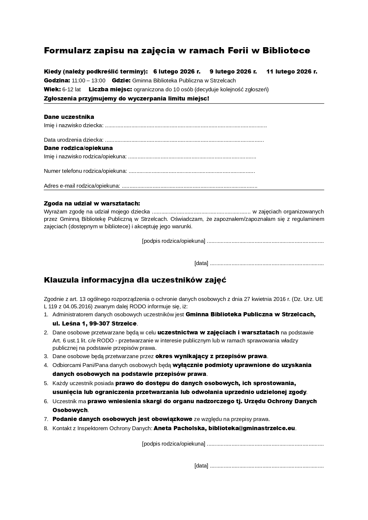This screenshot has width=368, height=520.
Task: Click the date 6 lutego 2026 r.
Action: click(177, 71)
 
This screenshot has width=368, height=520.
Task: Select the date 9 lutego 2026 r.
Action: click(233, 71)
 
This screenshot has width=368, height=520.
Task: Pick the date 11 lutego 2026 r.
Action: click(291, 71)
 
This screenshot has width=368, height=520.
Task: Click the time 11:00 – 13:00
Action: click(88, 81)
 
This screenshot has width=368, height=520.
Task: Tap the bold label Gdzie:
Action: click(121, 81)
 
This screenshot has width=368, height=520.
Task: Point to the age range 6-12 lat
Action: click(71, 90)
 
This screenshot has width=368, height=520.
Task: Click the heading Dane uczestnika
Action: click(69, 117)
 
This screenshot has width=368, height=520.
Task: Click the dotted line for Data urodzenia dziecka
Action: click(184, 140)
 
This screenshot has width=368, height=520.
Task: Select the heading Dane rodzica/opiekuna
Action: click(78, 148)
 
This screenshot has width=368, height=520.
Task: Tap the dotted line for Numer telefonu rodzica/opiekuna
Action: click(192, 171)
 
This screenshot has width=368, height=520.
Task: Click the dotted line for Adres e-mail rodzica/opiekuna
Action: click(189, 186)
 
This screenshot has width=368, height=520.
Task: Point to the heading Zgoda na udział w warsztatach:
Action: click(92, 203)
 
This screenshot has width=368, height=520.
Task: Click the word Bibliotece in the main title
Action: click(286, 51)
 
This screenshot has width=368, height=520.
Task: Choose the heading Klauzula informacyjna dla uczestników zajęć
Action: click(135, 280)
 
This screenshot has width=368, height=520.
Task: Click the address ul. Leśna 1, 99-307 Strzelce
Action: click(95, 323)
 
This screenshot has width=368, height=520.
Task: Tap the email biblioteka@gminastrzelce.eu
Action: click(252, 428)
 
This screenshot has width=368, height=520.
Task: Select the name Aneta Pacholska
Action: click(180, 428)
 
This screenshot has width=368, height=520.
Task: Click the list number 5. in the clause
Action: click(46, 383)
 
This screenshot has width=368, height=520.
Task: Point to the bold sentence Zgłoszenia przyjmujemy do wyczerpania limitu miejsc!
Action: click(127, 98)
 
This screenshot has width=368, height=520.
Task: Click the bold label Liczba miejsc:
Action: click(110, 90)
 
